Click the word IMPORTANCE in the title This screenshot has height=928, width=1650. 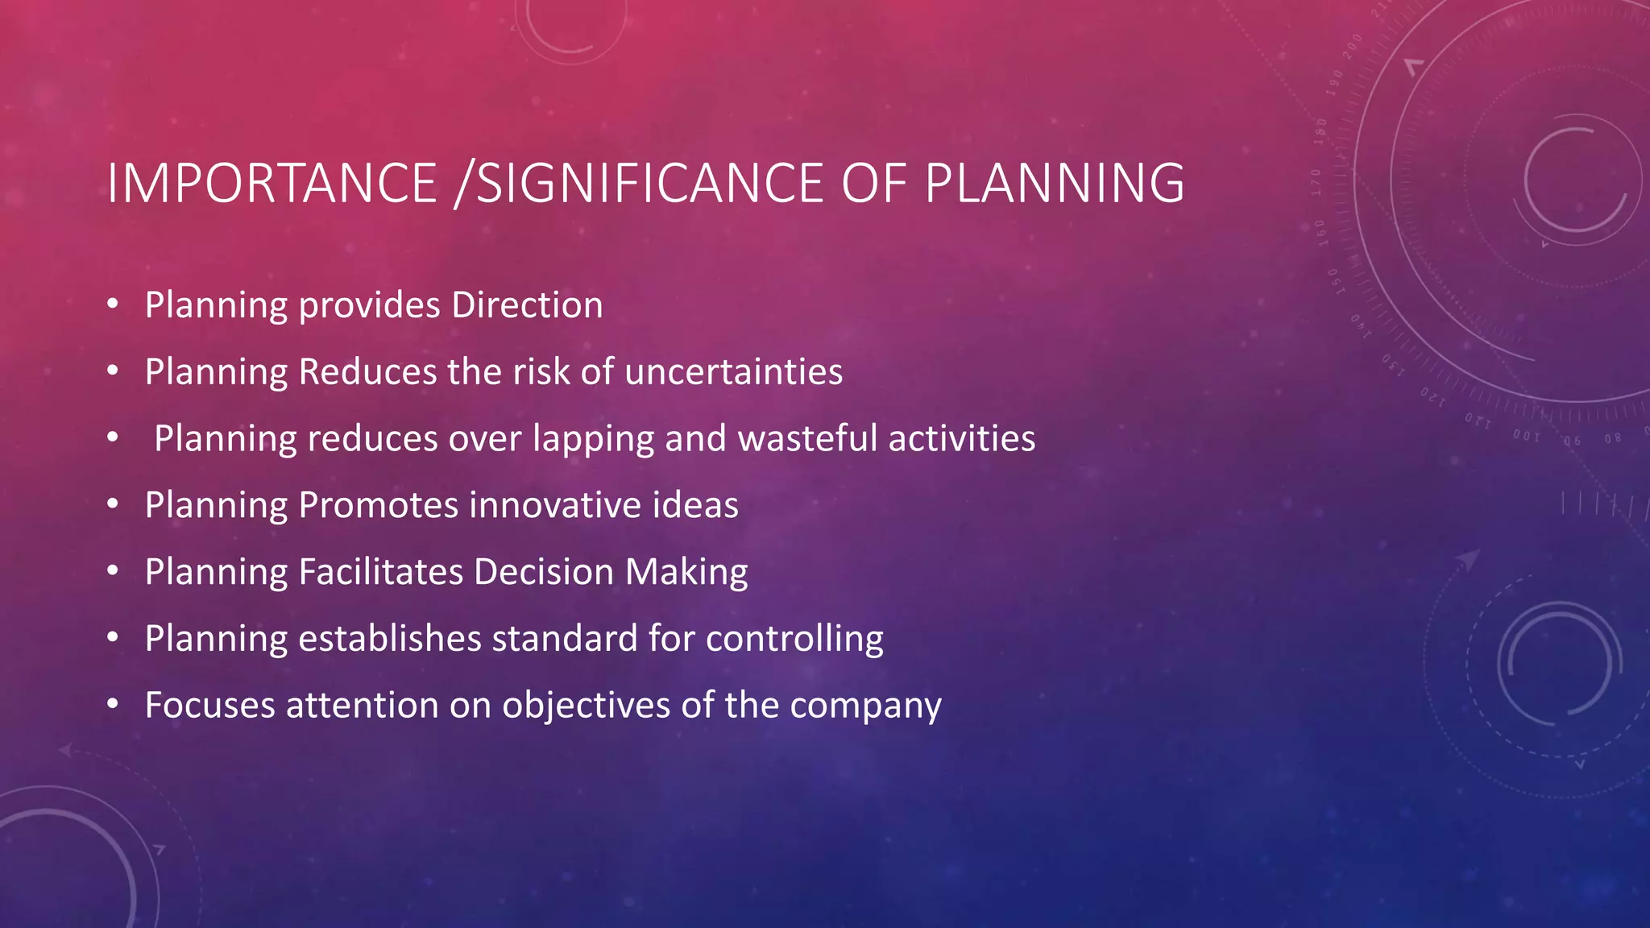(x=272, y=184)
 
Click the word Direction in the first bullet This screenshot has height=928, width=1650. (x=527, y=305)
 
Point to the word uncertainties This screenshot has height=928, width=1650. (x=733, y=372)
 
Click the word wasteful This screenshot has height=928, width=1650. (x=807, y=439)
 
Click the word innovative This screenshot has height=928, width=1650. (x=554, y=506)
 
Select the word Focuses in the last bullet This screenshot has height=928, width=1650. (x=209, y=706)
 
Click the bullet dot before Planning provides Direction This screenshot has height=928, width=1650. (x=113, y=304)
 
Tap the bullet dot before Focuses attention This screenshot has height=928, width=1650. (x=113, y=705)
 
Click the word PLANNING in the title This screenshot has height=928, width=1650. (x=1054, y=184)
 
